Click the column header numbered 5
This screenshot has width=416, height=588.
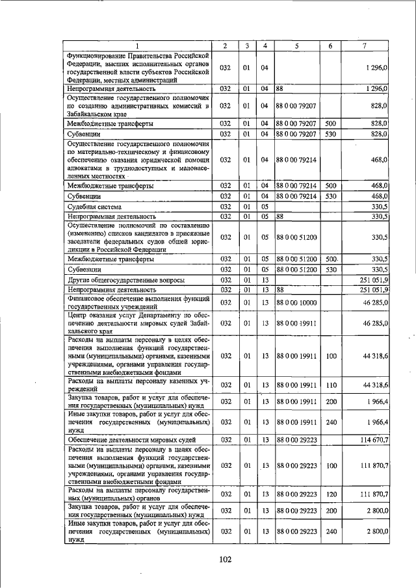[296, 45]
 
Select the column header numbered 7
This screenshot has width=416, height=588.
[365, 45]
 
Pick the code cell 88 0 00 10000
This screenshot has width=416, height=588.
[296, 302]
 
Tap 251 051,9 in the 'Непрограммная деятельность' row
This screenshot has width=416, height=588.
[370, 289]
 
